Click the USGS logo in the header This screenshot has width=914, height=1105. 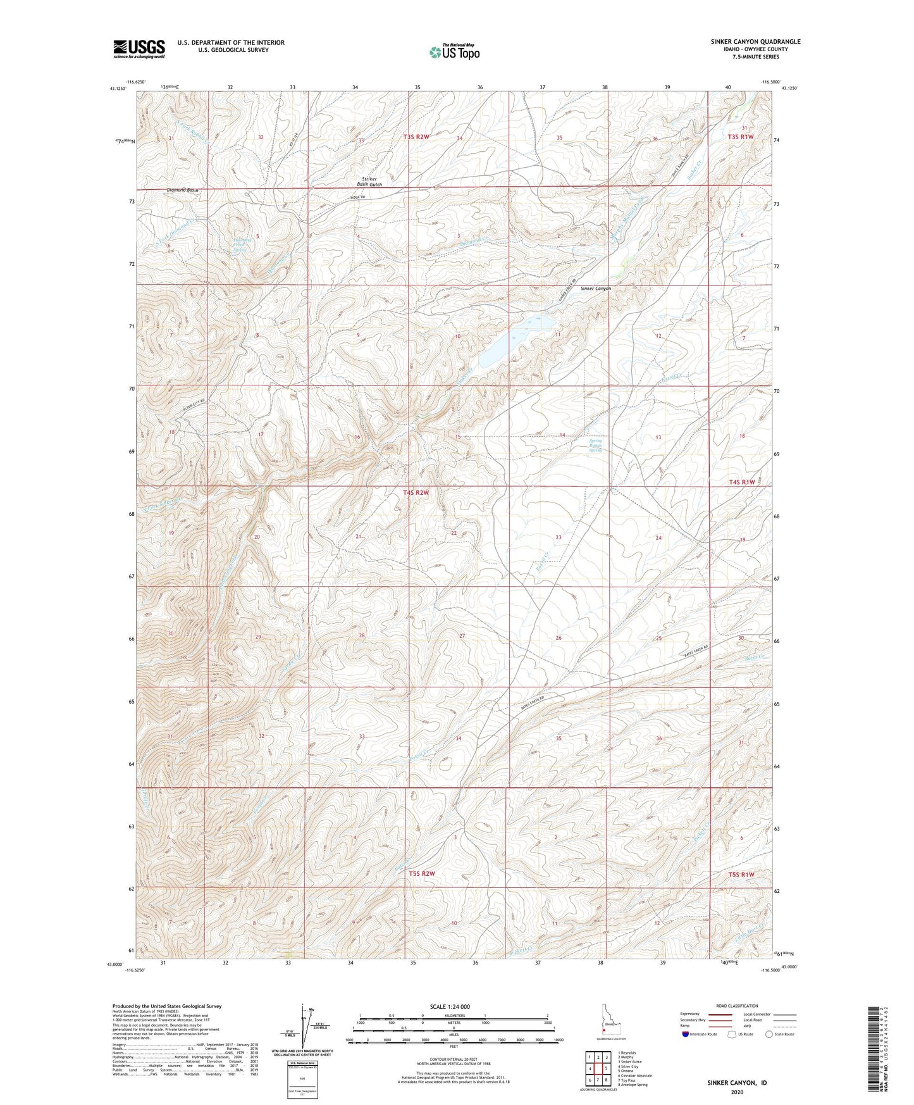pyautogui.click(x=139, y=49)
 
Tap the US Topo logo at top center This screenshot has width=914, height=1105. pyautogui.click(x=454, y=52)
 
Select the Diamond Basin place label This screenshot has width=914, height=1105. pyautogui.click(x=183, y=190)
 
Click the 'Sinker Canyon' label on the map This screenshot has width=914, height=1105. pyautogui.click(x=596, y=288)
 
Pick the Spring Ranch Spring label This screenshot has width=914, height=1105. pyautogui.click(x=595, y=446)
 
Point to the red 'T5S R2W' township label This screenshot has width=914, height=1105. pyautogui.click(x=423, y=873)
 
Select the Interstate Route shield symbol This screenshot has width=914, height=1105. pyautogui.click(x=686, y=1034)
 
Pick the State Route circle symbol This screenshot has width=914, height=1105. pyautogui.click(x=769, y=1034)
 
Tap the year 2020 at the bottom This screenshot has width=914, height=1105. pyautogui.click(x=737, y=1092)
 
